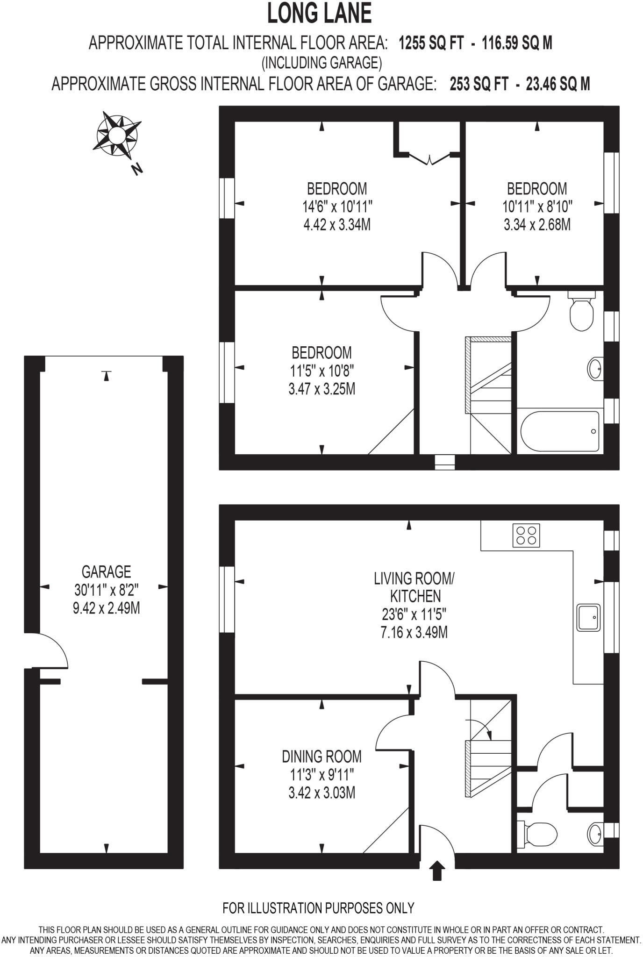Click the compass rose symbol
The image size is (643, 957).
tap(117, 135)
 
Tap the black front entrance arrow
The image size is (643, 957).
tap(437, 871)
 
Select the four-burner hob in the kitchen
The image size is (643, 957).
tap(527, 535)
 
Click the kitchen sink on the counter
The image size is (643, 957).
tap(588, 617)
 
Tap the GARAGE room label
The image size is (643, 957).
tap(106, 571)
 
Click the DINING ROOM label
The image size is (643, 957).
tap(321, 756)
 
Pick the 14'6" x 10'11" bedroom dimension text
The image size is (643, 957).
tap(337, 206)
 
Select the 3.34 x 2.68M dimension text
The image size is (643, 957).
tap(537, 225)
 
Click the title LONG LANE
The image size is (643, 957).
tap(320, 14)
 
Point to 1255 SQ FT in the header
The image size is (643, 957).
tap(431, 43)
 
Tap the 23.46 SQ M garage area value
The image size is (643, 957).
tap(557, 84)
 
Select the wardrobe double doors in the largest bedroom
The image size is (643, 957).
tap(429, 159)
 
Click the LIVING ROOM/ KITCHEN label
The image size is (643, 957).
tap(414, 587)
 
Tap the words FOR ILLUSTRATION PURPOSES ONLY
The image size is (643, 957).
tap(318, 907)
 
